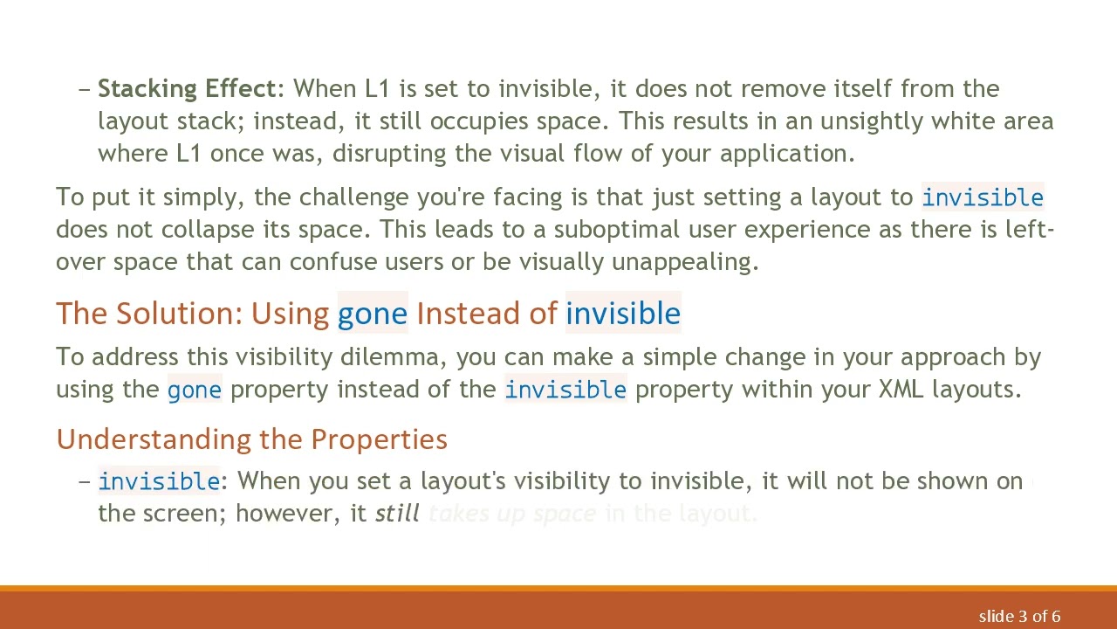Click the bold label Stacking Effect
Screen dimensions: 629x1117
187,89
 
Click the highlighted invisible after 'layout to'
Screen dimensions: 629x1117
982,197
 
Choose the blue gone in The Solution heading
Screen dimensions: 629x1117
373,314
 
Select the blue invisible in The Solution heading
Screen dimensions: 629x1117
623,314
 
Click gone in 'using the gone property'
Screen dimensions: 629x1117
194,390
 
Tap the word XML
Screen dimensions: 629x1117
901,390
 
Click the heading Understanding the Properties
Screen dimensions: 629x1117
251,439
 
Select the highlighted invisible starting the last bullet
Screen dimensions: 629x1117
159,481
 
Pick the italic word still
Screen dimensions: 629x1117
397,514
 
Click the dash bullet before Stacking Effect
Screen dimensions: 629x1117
85,89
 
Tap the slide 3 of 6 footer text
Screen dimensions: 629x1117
1019,617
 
